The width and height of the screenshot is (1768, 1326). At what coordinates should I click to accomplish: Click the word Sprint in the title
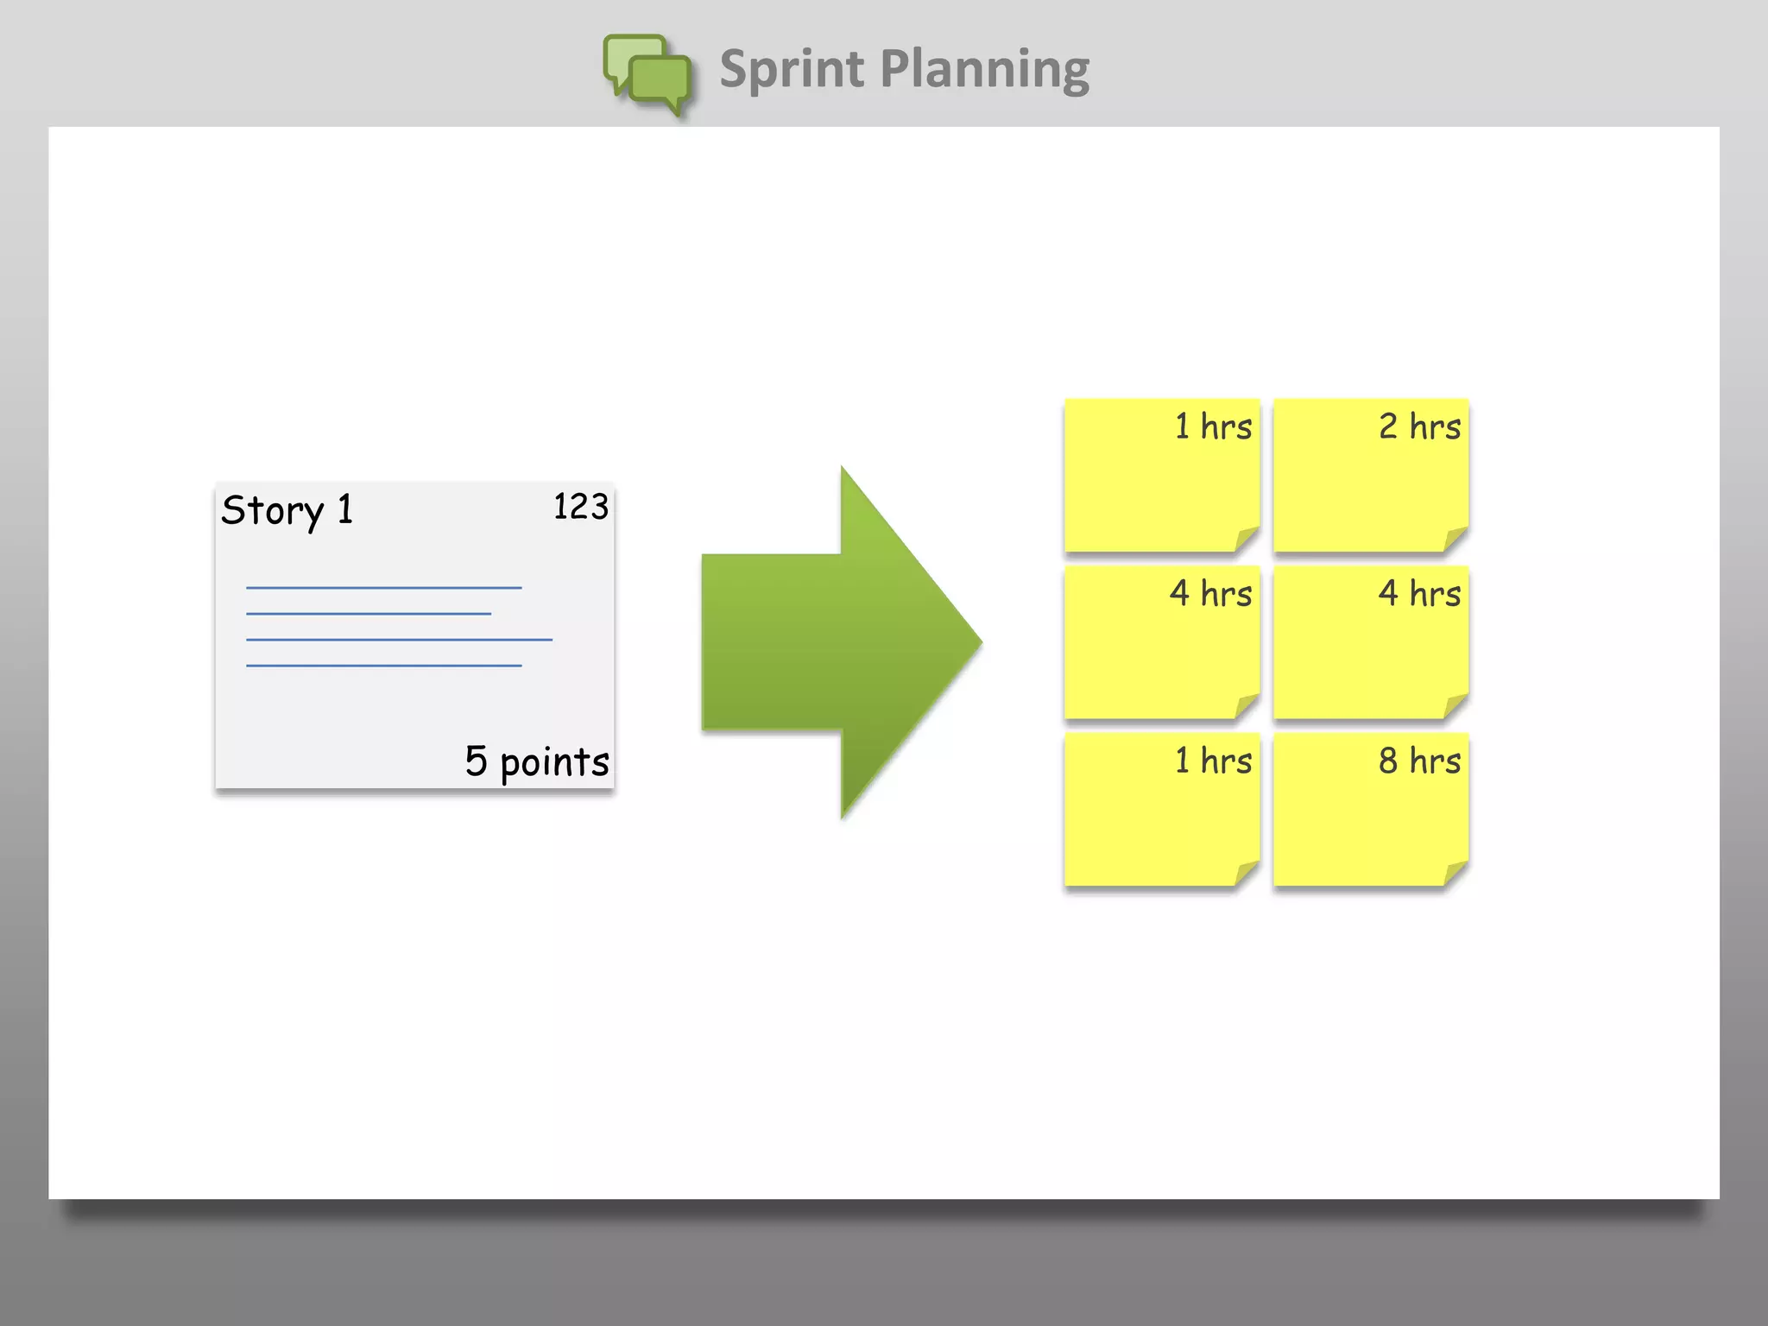coord(791,69)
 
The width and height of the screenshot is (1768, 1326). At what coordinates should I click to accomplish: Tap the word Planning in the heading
coord(984,69)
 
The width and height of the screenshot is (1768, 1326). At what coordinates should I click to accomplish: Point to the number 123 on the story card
coord(580,507)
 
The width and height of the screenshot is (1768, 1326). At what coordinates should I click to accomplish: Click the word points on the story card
coord(554,762)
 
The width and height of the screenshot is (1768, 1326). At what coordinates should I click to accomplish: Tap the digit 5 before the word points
coord(476,761)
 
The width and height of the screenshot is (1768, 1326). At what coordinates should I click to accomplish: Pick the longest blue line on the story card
coord(399,640)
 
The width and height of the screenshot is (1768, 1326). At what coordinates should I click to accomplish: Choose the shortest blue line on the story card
coord(369,614)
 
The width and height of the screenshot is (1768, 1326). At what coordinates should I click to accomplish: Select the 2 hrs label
coord(1419,426)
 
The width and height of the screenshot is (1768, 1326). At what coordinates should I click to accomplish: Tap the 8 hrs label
coord(1419,761)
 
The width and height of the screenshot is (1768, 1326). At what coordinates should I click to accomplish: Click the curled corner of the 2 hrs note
coord(1455,540)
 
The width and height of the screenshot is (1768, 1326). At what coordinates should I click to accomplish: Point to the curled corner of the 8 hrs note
coord(1455,874)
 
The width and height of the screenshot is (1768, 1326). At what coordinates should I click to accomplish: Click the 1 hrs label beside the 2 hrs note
coord(1213,426)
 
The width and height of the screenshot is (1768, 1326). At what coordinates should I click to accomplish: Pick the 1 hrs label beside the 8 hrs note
coord(1213,761)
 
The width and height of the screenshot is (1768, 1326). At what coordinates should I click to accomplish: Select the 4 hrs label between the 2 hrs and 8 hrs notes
coord(1419,593)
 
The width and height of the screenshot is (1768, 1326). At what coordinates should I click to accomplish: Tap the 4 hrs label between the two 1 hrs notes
coord(1210,593)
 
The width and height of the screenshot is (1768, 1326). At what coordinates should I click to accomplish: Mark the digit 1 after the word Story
coord(345,509)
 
